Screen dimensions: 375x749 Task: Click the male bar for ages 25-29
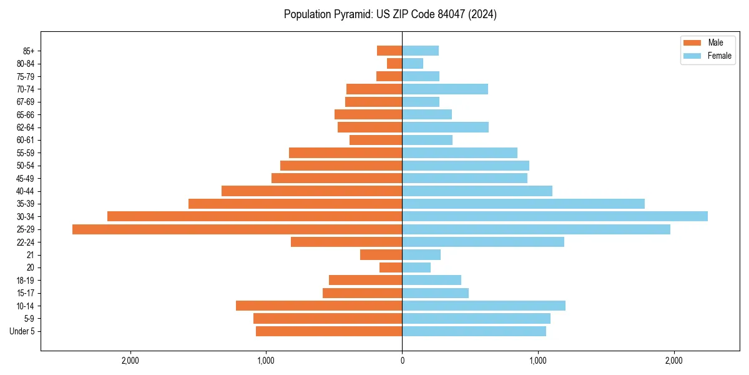(x=237, y=229)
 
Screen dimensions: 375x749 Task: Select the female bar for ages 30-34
(x=555, y=216)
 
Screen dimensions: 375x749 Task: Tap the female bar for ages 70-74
(x=445, y=89)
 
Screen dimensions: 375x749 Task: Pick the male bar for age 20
(x=391, y=267)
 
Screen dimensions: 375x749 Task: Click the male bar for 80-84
(x=394, y=63)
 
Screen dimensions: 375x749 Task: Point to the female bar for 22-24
(x=483, y=242)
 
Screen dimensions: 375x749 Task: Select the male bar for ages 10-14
(x=319, y=306)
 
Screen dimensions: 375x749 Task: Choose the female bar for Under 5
(x=474, y=331)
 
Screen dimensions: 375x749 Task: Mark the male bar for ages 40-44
(x=311, y=191)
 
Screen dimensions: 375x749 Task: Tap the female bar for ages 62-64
(x=445, y=127)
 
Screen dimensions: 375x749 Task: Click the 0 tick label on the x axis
(x=402, y=361)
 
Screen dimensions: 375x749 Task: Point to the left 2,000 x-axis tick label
(x=130, y=361)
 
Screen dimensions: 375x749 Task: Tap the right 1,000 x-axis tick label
(x=537, y=361)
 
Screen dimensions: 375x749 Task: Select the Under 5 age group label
(x=22, y=331)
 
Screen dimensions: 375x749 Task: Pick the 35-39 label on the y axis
(x=26, y=204)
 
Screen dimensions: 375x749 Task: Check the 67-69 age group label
(x=26, y=102)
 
